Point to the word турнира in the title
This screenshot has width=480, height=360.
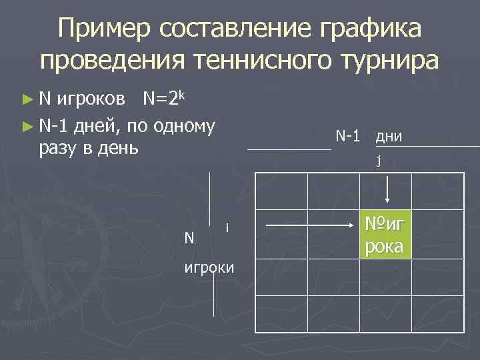point(393,61)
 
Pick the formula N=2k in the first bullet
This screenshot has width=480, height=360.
point(163,100)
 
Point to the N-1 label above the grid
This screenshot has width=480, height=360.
point(348,137)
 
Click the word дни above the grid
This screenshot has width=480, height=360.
point(388,137)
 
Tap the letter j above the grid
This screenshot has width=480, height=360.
point(379,160)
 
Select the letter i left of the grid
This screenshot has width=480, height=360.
point(227,228)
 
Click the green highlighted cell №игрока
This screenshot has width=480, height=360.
point(385,235)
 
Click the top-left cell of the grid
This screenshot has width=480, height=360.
point(281,191)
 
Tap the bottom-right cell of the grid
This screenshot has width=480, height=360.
point(437,313)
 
